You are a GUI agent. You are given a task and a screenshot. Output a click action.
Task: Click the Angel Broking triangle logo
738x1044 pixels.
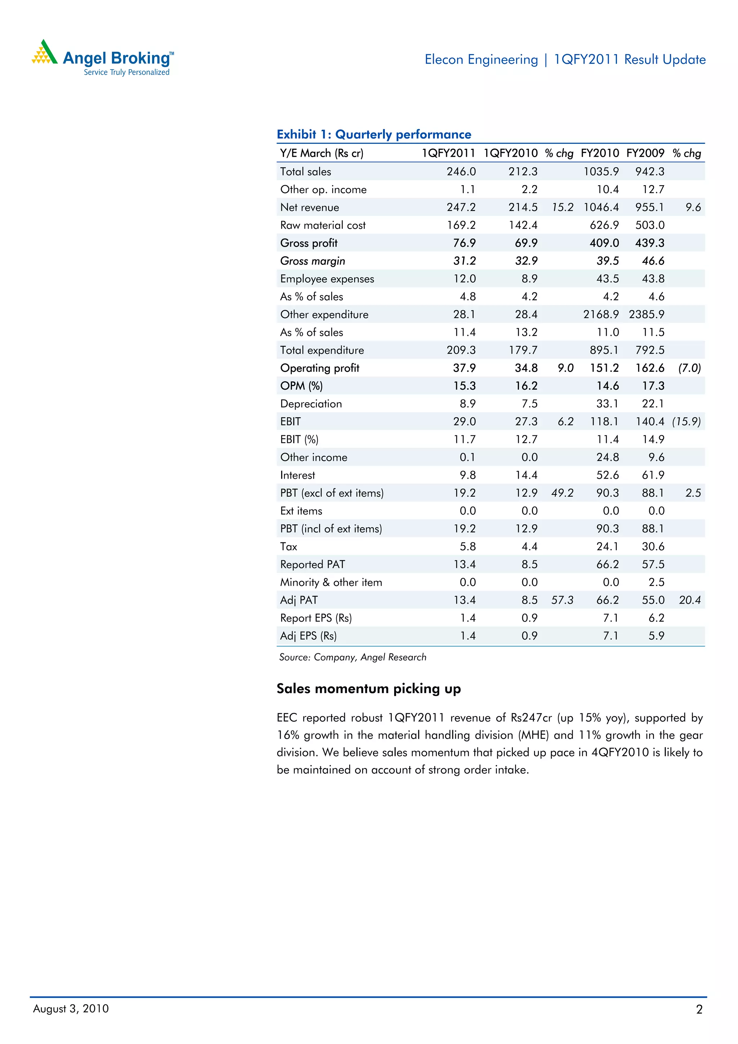click(44, 52)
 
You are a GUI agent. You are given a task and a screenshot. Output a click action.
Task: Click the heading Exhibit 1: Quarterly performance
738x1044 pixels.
click(374, 134)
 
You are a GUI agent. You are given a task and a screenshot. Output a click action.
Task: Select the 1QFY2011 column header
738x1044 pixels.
click(448, 153)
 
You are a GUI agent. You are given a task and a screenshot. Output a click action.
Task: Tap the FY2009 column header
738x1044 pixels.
click(645, 153)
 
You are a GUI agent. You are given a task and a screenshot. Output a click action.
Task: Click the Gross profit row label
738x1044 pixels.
click(309, 243)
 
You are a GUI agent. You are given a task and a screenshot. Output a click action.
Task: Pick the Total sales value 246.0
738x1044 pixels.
click(461, 172)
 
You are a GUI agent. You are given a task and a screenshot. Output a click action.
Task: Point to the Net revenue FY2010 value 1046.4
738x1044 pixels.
click(601, 207)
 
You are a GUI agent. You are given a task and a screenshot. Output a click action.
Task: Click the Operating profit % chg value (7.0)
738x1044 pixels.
click(689, 368)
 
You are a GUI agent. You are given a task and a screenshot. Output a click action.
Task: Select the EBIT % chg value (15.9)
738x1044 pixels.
click(686, 422)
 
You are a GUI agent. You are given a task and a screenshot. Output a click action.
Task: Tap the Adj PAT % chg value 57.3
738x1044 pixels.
click(563, 600)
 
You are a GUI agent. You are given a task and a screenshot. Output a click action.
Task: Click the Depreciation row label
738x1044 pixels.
click(311, 404)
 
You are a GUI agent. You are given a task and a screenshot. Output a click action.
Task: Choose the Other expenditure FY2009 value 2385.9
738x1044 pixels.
click(646, 315)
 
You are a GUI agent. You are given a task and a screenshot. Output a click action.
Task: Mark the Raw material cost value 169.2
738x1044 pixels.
click(461, 226)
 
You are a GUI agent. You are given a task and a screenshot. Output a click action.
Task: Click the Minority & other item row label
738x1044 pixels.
click(331, 582)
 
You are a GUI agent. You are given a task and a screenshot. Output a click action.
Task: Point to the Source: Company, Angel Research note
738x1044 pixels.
click(353, 657)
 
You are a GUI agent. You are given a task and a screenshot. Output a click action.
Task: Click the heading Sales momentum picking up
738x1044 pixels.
click(369, 689)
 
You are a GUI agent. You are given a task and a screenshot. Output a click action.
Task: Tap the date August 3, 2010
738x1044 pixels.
click(71, 1009)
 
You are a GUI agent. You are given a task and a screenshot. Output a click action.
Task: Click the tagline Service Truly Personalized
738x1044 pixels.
click(126, 72)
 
